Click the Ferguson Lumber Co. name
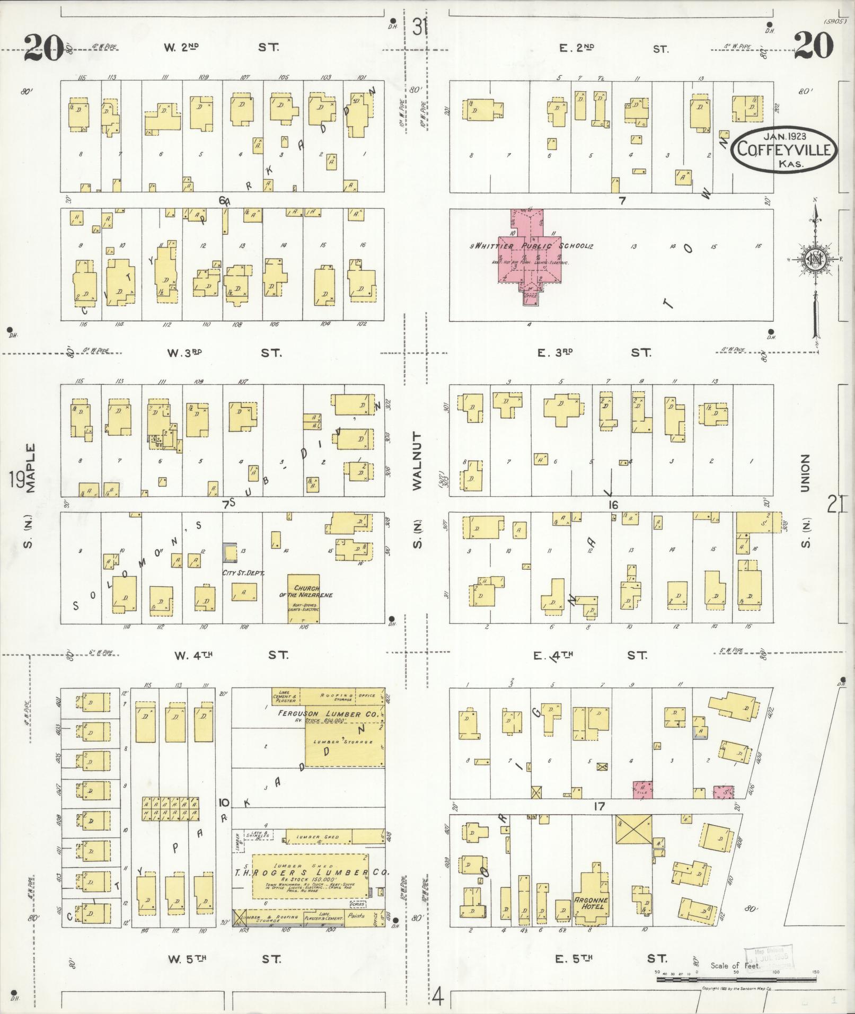(329, 714)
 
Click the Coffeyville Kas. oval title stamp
(785, 149)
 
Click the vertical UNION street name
(806, 473)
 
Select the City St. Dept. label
(244, 572)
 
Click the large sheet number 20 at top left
(43, 48)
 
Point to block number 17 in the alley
(599, 807)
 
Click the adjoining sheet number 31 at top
(420, 27)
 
